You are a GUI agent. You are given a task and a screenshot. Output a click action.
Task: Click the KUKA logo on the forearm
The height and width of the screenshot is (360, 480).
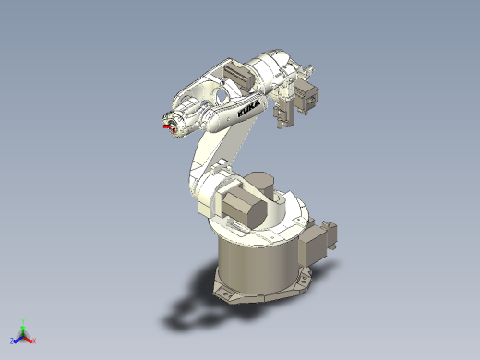coord(248,108)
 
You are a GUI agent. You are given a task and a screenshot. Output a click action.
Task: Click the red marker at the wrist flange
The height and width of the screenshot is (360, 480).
coord(169,128)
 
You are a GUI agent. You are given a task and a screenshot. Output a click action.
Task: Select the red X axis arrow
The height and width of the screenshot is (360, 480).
coord(28,339)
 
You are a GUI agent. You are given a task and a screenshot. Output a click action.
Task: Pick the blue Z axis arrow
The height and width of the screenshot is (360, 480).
coord(18,340)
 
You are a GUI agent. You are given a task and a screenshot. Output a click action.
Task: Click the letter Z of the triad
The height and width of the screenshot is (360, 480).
coord(12,341)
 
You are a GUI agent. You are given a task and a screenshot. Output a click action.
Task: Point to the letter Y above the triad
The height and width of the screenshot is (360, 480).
coord(23,321)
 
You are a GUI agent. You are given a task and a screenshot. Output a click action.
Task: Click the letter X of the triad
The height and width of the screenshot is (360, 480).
coord(34,341)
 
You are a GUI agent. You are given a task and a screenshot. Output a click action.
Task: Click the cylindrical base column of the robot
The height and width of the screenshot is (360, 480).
coord(258,265)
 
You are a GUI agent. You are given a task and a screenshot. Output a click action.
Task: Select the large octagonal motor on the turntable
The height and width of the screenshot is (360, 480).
coord(244,210)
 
